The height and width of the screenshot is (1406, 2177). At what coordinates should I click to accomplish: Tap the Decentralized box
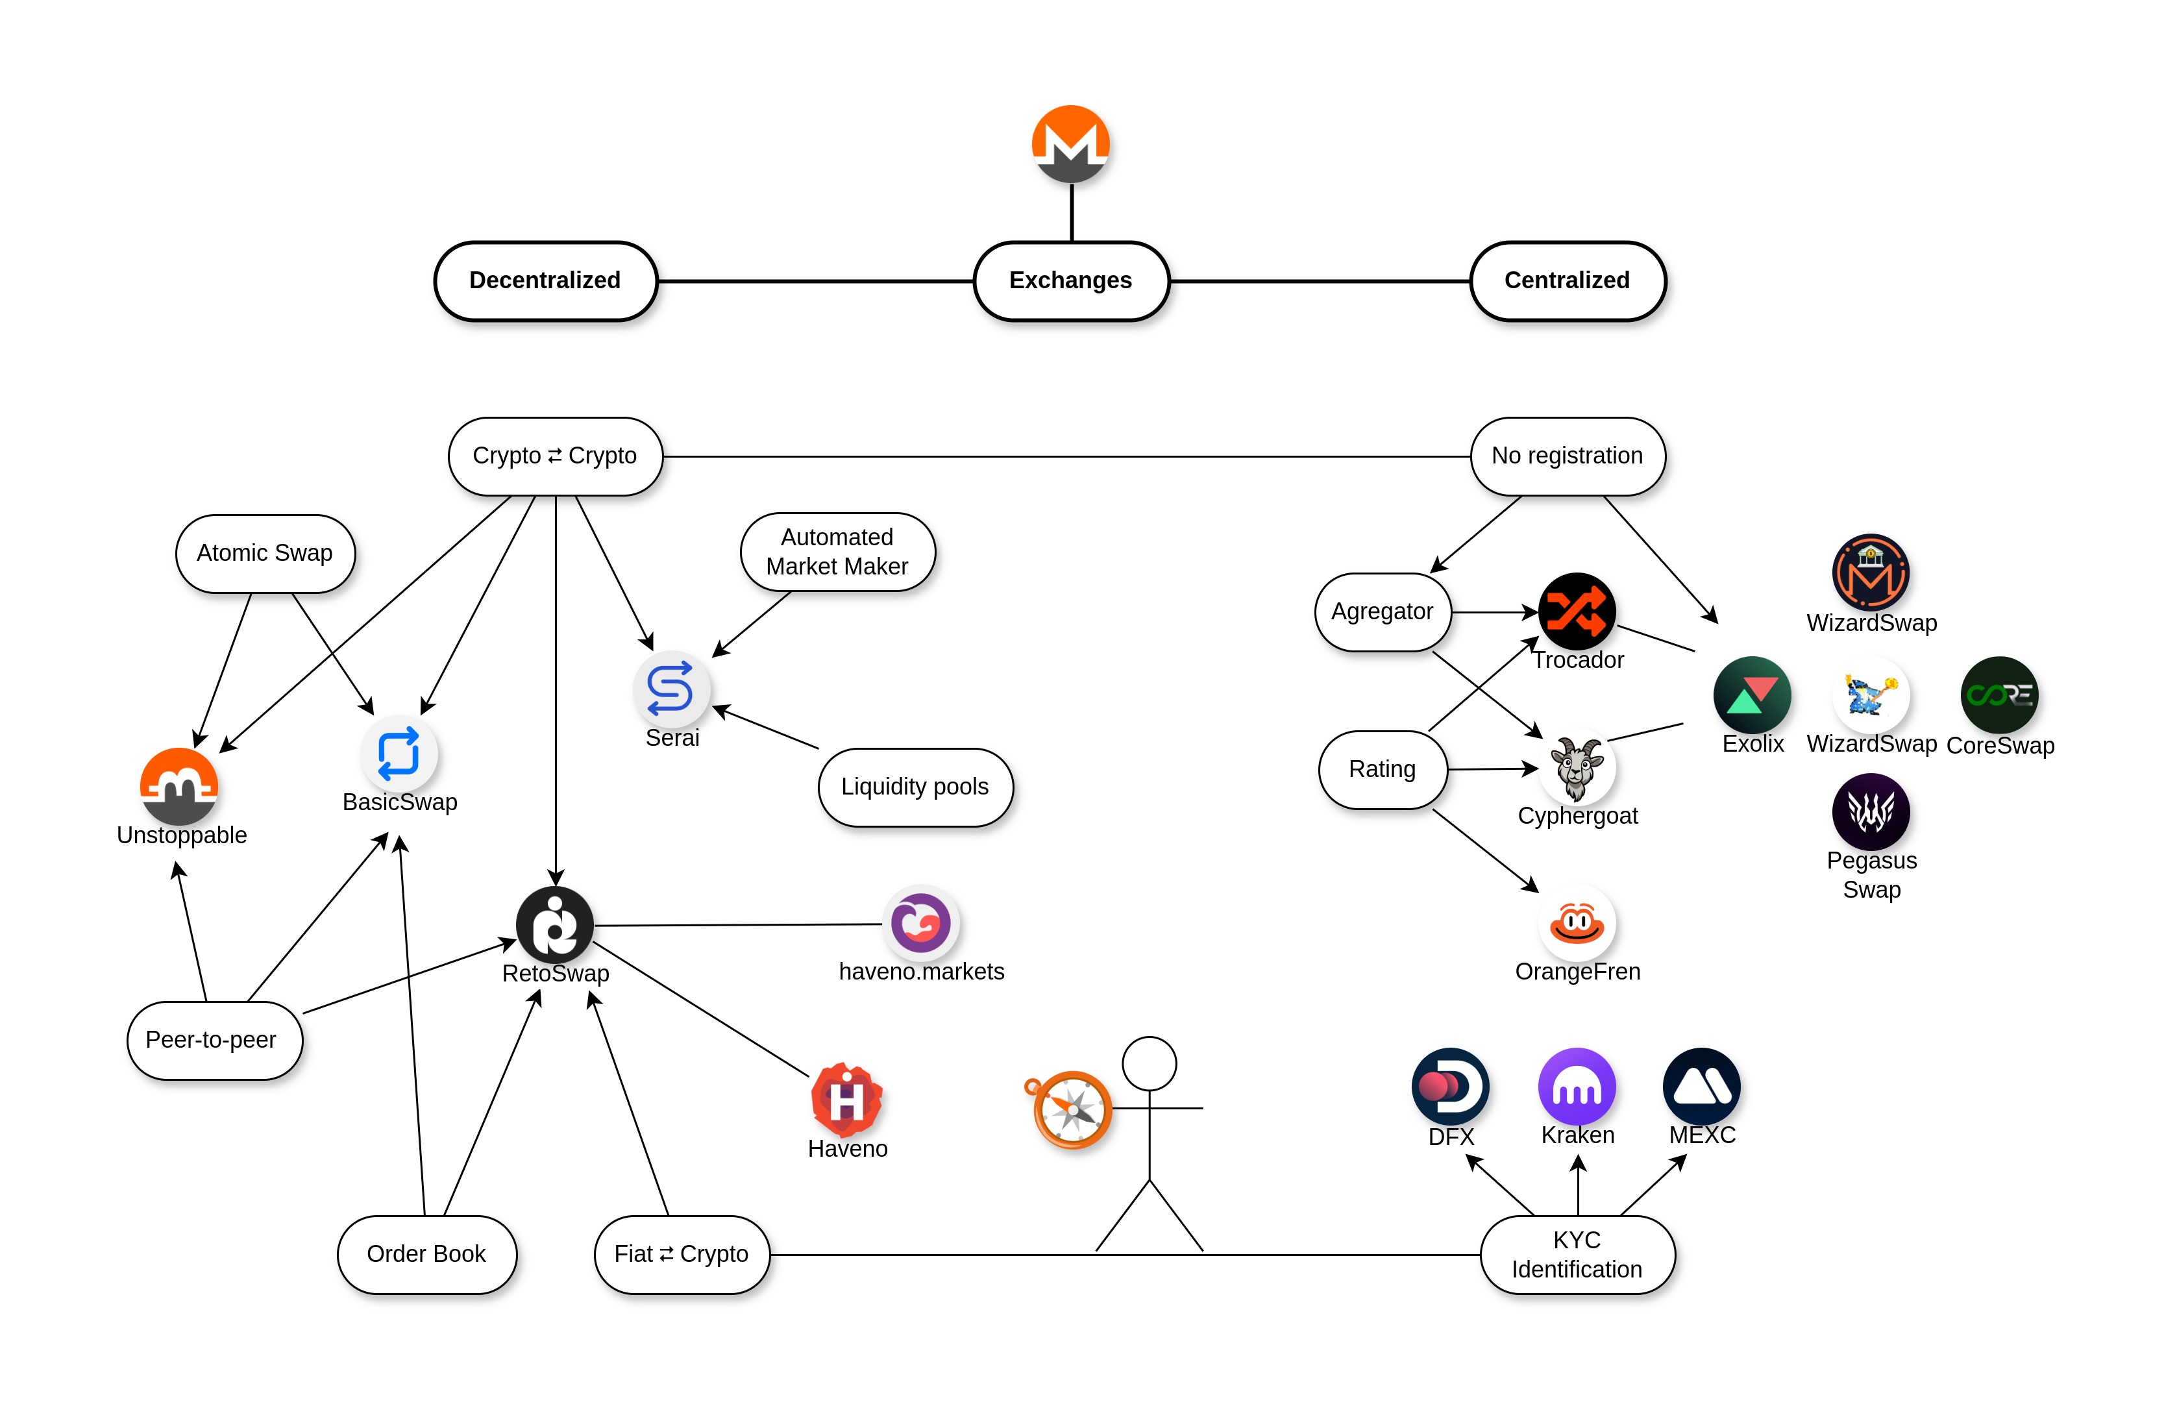tap(545, 280)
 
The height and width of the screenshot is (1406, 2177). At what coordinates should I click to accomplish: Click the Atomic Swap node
tap(265, 553)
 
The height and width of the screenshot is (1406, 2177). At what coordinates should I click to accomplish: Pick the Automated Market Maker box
tap(837, 552)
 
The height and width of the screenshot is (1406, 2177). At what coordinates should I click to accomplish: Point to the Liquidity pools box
tap(915, 787)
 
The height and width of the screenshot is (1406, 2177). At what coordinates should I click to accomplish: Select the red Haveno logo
tap(846, 1099)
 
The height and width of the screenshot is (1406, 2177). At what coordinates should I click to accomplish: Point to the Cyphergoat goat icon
tap(1577, 768)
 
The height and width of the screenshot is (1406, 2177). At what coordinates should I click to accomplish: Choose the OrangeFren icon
tap(1577, 923)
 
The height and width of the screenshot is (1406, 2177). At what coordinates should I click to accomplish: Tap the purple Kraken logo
tap(1577, 1087)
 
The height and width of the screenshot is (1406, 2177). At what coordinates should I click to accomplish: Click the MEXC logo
tap(1701, 1087)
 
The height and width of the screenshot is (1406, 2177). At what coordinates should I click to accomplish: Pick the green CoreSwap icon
tap(1999, 695)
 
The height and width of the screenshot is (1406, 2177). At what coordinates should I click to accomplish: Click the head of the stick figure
tap(1150, 1064)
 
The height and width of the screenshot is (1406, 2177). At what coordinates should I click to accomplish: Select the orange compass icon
tap(1072, 1109)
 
